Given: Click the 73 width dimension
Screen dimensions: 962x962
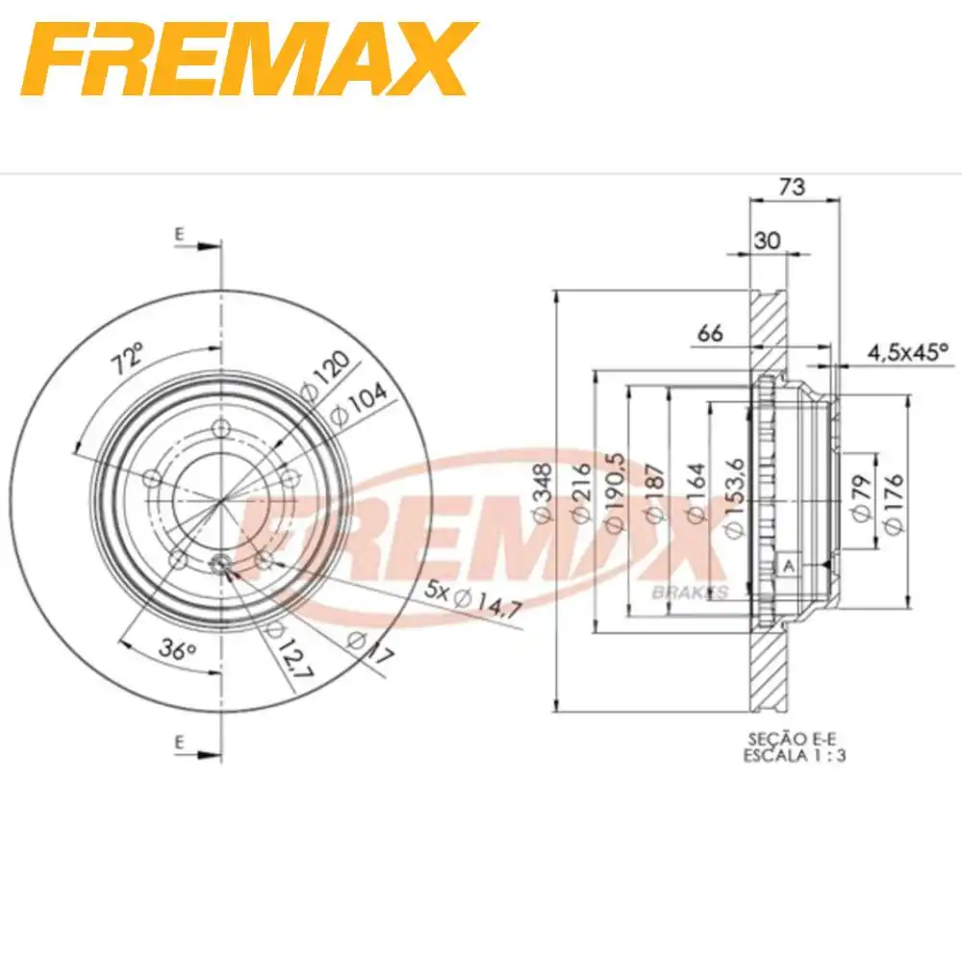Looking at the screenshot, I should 792,187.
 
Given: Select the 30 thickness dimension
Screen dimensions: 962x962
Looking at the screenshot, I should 767,241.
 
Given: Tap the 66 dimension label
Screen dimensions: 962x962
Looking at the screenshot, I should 709,333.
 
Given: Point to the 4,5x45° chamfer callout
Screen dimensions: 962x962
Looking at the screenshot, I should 907,353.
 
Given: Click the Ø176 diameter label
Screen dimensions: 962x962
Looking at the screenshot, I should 894,499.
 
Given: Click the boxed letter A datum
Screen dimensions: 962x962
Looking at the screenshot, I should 789,567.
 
